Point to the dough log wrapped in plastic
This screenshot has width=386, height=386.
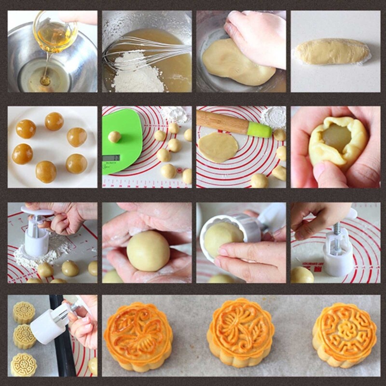pyautogui.click(x=332, y=52)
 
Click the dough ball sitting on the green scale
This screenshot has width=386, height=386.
pyautogui.click(x=114, y=137)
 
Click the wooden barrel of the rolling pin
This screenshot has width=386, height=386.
pyautogui.click(x=222, y=122)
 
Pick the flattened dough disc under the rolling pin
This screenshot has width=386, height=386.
pyautogui.click(x=218, y=147)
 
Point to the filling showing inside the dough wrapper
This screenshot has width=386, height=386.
pyautogui.click(x=336, y=138)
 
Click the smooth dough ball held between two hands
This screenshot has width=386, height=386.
pyautogui.click(x=148, y=251)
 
